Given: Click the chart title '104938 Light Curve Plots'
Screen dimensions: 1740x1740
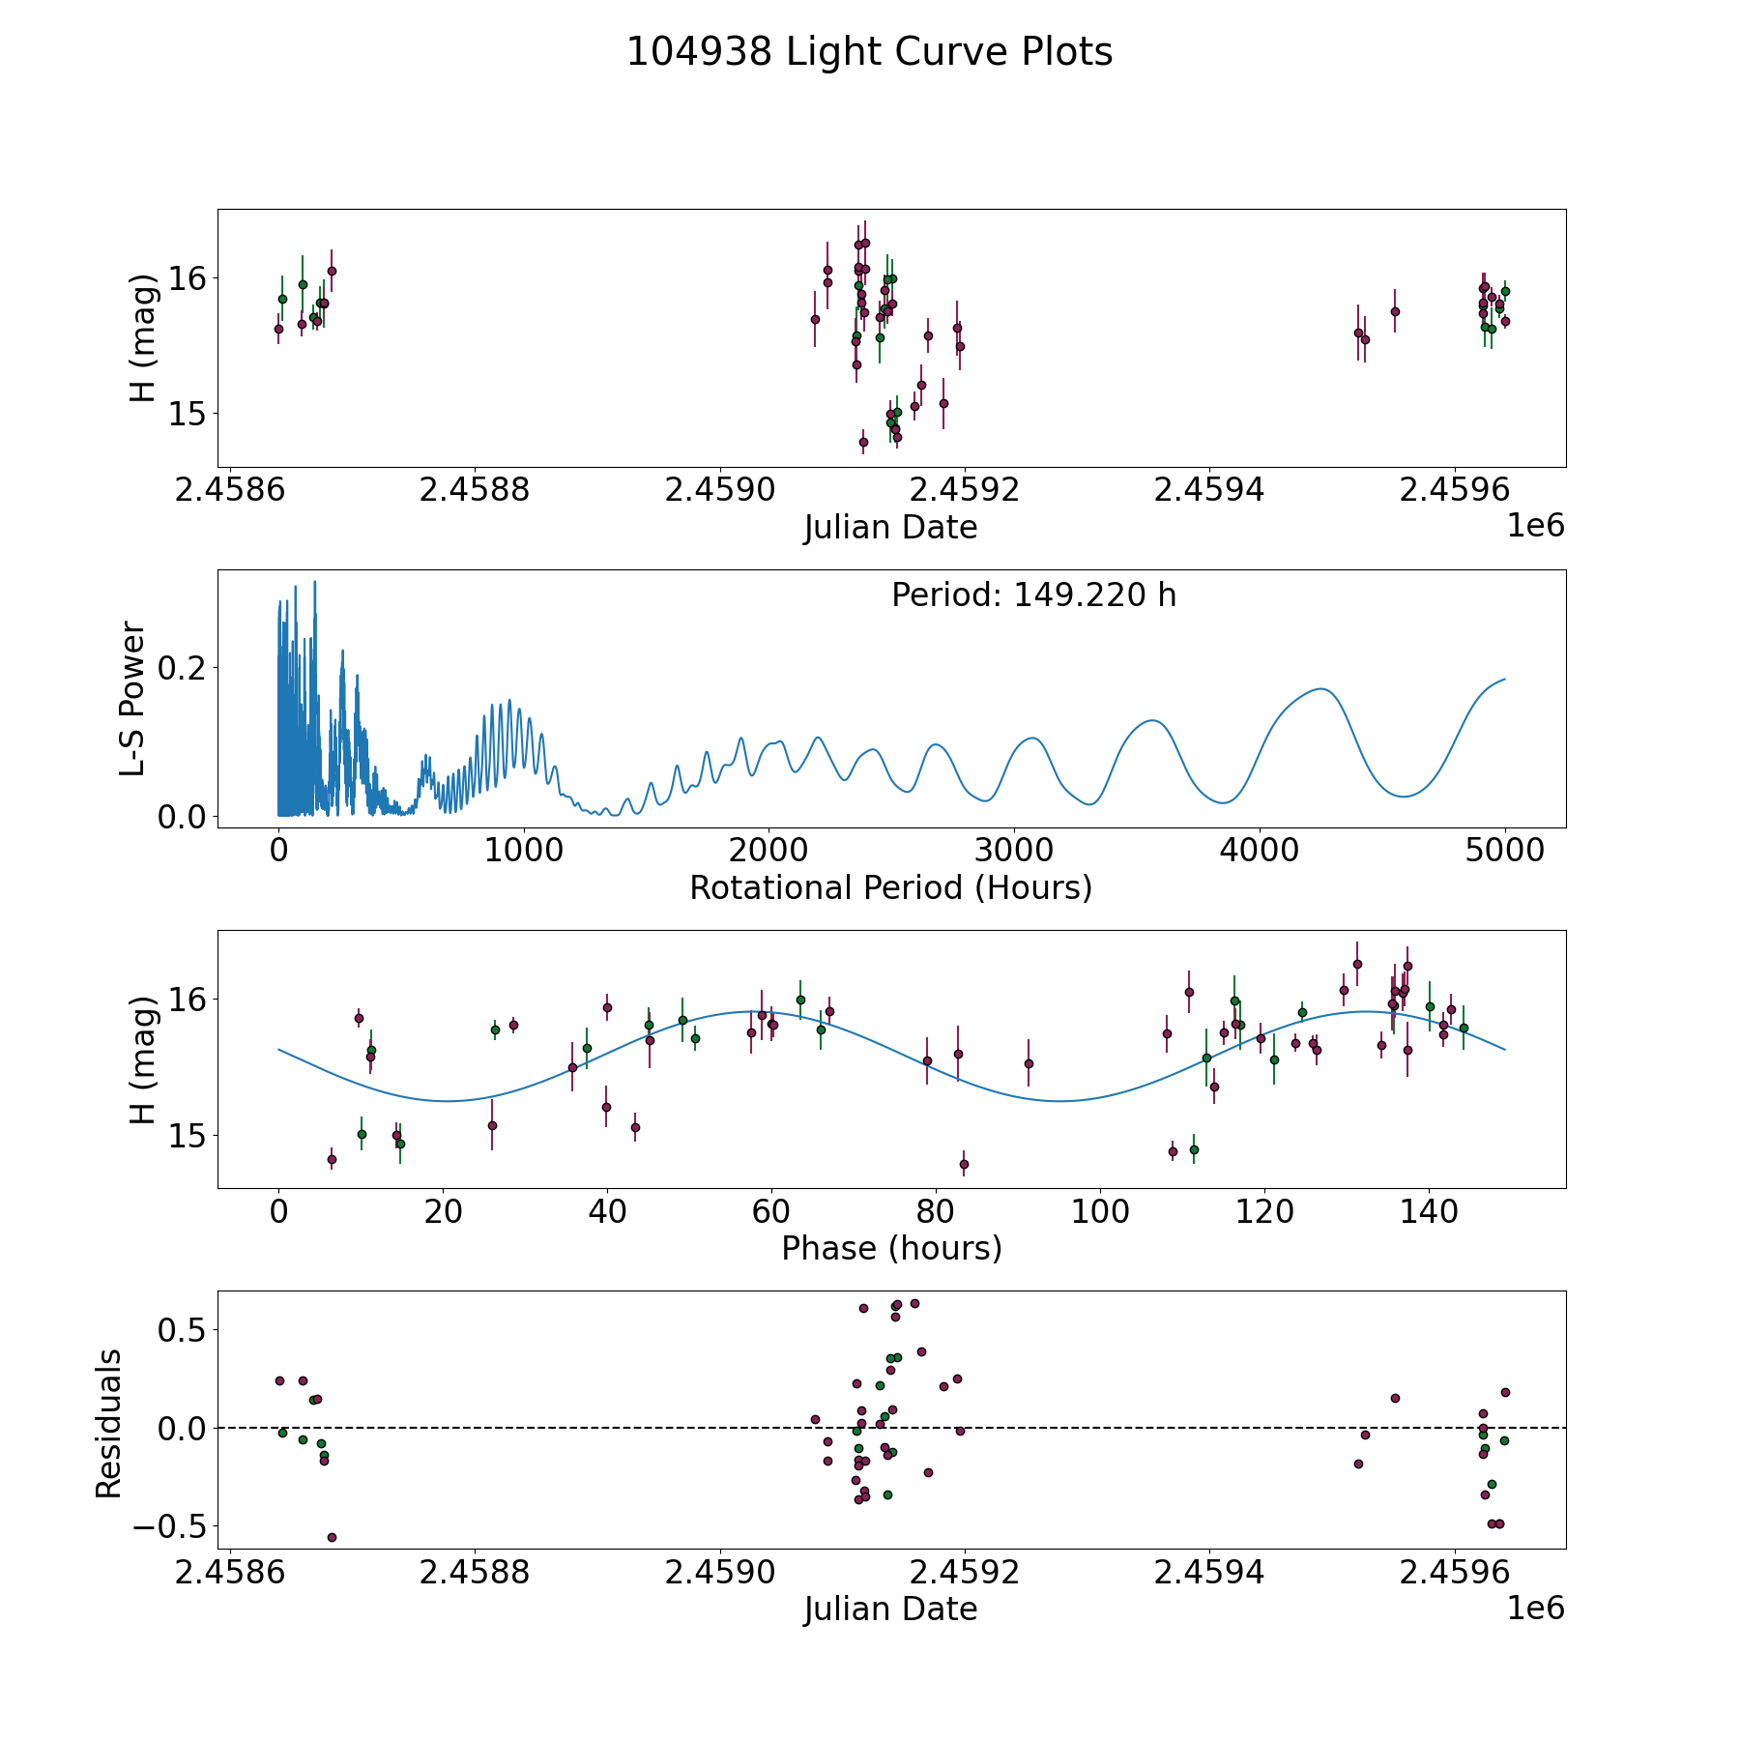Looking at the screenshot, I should coord(869,52).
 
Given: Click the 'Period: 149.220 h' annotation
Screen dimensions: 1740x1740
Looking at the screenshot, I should coord(1033,595).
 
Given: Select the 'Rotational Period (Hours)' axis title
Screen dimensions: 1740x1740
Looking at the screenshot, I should coord(890,887).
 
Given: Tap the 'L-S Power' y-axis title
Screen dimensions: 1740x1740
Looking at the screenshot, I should coord(133,698).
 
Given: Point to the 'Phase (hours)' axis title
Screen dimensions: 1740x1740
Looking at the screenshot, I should coord(890,1248).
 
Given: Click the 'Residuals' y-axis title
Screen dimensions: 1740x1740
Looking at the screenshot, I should coord(108,1424).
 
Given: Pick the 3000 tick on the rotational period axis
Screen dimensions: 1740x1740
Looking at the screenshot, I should coord(1014,851).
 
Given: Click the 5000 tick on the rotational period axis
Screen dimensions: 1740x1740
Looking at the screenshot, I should coord(1504,851).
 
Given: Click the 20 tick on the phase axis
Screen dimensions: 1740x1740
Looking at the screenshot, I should coord(443,1211).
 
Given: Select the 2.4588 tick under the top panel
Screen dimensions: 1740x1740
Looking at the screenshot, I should coord(475,490).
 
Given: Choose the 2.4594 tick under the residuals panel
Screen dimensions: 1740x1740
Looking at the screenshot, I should coord(1209,1572).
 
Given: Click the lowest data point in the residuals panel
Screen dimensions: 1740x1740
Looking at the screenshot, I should coord(332,1537).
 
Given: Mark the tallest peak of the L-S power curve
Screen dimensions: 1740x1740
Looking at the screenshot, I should coord(314,583).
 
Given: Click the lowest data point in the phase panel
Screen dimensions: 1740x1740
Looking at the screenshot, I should coord(964,1164).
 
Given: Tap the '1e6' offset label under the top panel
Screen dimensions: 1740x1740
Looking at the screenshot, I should coord(1535,526).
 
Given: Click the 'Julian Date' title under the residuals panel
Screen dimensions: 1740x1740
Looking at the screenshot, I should coord(890,1609).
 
